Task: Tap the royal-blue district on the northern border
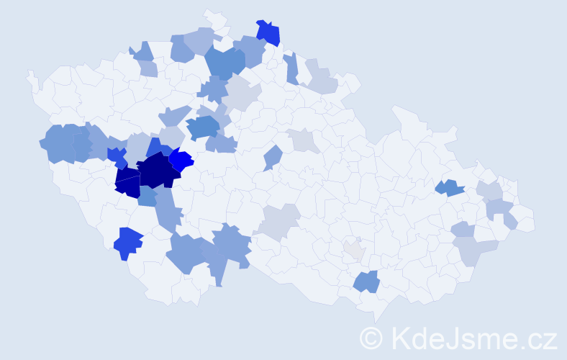268,32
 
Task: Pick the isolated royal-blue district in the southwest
128,241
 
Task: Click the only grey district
354,250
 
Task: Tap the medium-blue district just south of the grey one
367,282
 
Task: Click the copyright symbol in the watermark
372,338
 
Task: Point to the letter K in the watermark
402,338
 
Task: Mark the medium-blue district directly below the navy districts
148,197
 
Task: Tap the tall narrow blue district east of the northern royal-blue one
291,68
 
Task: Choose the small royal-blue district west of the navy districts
116,156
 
